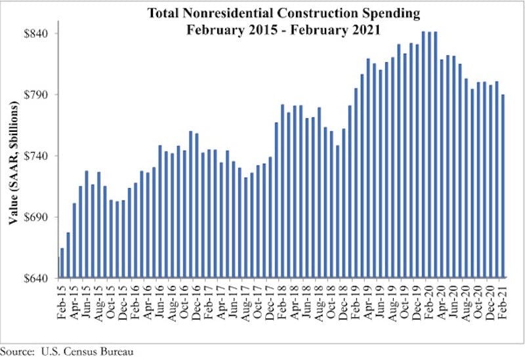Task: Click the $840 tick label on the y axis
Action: (x=38, y=33)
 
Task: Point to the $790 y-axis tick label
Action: (x=38, y=94)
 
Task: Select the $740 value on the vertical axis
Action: (x=38, y=156)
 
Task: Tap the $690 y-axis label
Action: (x=38, y=217)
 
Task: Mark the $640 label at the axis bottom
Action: (x=38, y=278)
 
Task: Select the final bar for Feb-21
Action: (x=503, y=186)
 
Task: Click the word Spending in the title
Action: (x=387, y=13)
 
